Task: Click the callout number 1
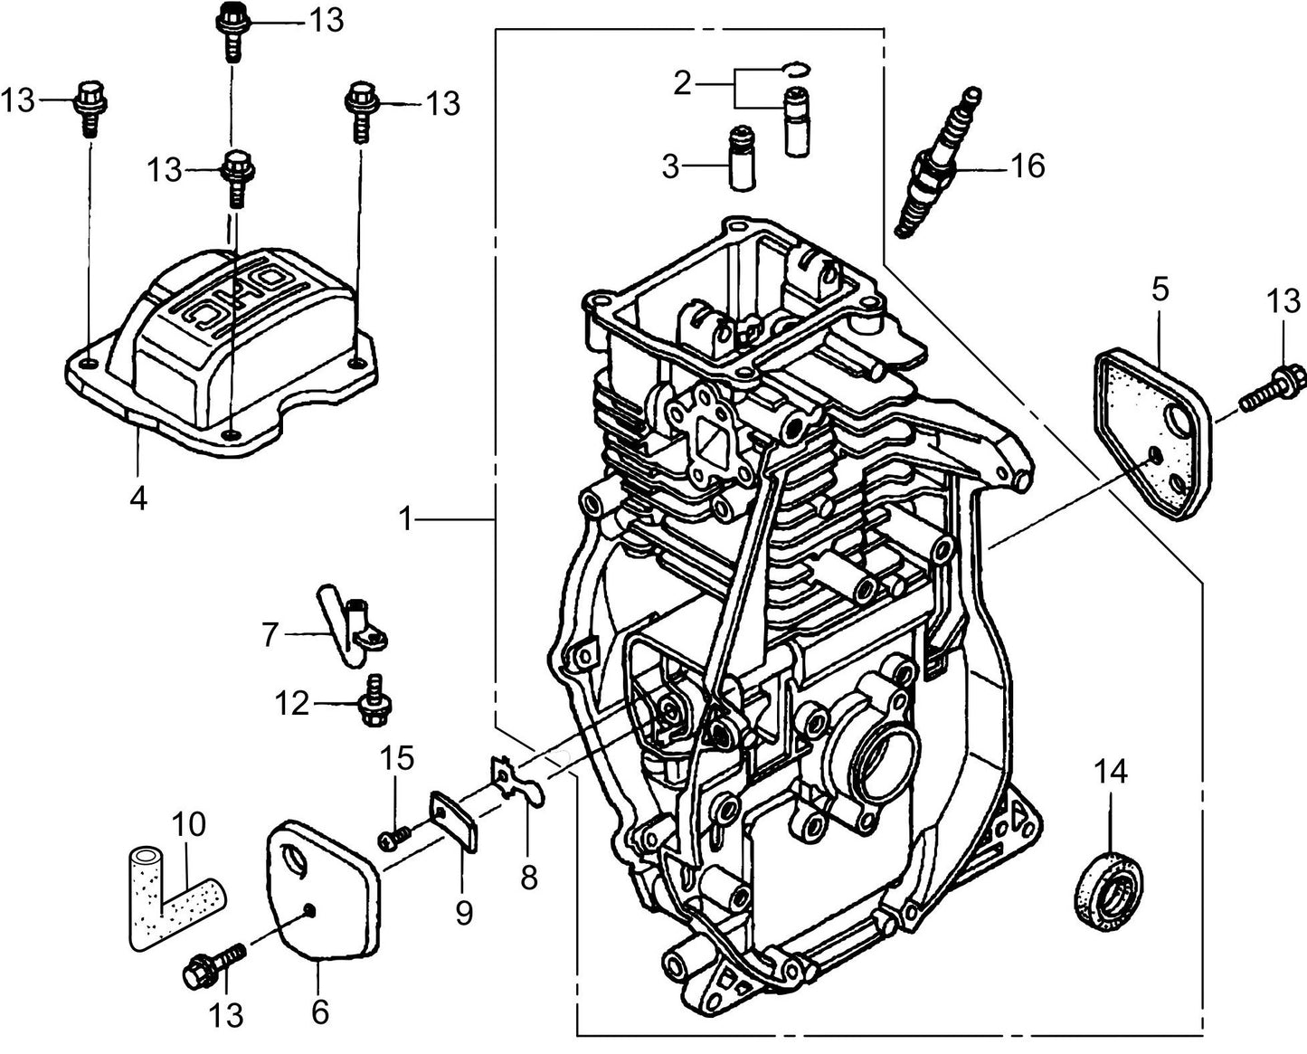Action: click(x=406, y=519)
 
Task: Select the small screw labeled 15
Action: click(x=393, y=840)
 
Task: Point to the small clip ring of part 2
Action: click(x=797, y=68)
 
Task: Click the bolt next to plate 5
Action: click(x=1271, y=385)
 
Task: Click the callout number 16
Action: click(x=1027, y=166)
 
